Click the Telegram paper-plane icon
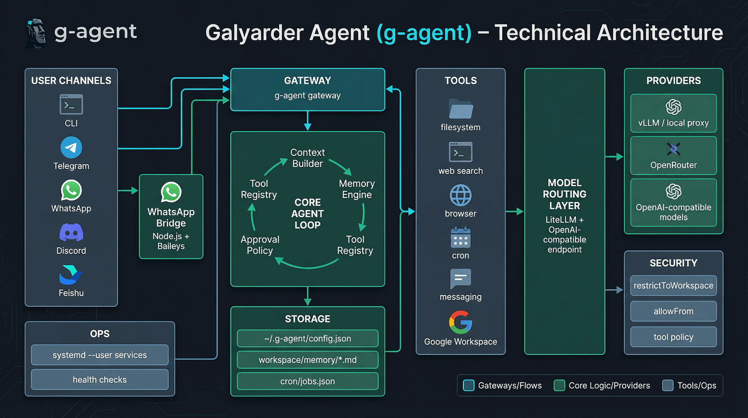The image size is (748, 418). [x=71, y=147]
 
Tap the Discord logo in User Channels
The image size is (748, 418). [x=71, y=232]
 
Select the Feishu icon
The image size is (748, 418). [x=71, y=275]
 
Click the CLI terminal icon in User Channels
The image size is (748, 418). [x=71, y=104]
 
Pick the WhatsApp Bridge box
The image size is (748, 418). [x=171, y=217]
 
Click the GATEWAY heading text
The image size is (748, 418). [x=308, y=81]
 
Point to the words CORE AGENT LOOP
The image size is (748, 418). [x=308, y=213]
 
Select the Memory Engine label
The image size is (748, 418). [x=357, y=189]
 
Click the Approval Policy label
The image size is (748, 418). [x=260, y=245]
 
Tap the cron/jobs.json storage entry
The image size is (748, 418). [x=308, y=381]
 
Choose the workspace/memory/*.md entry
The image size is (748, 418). [x=308, y=360]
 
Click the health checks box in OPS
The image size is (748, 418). [x=100, y=379]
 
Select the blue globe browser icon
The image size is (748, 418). [x=460, y=195]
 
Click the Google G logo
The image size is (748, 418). [x=460, y=322]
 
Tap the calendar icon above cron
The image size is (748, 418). [x=460, y=237]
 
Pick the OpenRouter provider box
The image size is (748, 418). [x=673, y=156]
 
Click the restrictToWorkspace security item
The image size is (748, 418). [x=673, y=285]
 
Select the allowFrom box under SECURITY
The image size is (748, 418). [x=673, y=311]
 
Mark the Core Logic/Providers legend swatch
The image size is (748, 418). [x=559, y=386]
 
